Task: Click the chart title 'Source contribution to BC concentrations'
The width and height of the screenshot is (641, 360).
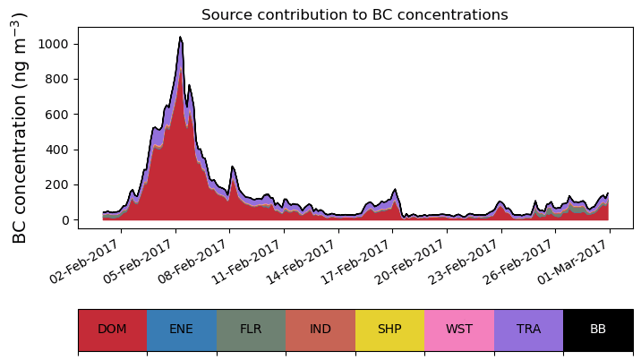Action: pyautogui.click(x=355, y=15)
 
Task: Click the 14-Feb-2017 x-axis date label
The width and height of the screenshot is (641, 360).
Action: pyautogui.click(x=307, y=261)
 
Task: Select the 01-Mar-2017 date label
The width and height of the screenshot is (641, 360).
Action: pyautogui.click(x=578, y=261)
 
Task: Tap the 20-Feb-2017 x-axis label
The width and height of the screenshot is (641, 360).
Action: pyautogui.click(x=415, y=261)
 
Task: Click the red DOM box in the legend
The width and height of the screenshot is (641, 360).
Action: pyautogui.click(x=112, y=329)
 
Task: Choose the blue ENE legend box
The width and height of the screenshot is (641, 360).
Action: pyautogui.click(x=182, y=329)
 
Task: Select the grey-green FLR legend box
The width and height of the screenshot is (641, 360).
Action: pyautogui.click(x=251, y=329)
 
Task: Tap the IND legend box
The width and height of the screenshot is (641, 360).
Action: pyautogui.click(x=320, y=329)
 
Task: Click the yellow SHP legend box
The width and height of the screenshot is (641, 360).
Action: pyautogui.click(x=389, y=329)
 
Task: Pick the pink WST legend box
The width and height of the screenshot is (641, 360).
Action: pyautogui.click(x=459, y=329)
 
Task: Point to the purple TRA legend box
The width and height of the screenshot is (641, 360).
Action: pyautogui.click(x=528, y=329)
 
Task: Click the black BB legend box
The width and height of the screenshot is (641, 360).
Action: pyautogui.click(x=598, y=329)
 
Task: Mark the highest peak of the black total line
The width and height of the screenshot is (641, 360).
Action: pyautogui.click(x=180, y=38)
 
